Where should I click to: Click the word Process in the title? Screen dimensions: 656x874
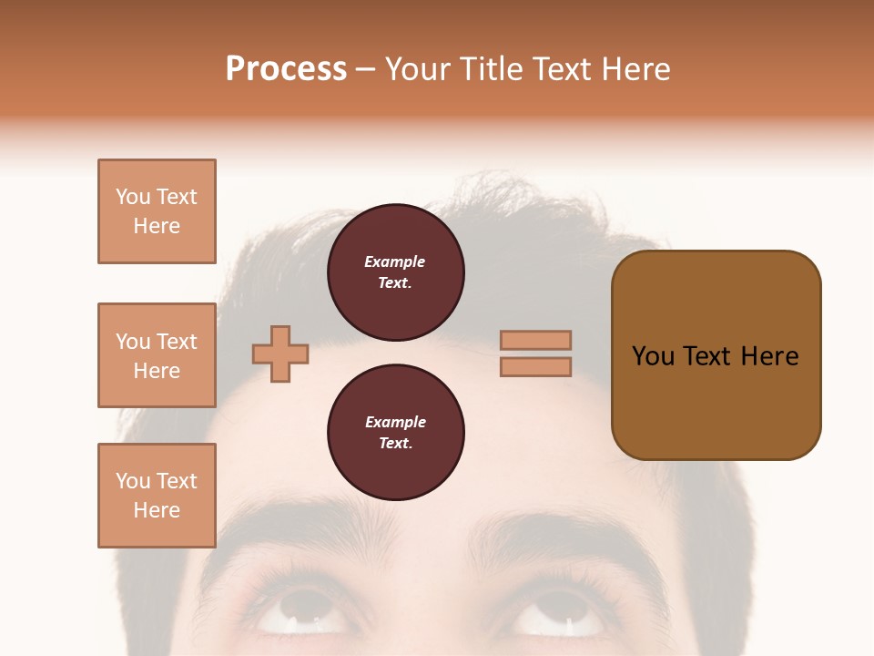point(286,69)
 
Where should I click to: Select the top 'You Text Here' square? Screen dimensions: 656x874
point(157,211)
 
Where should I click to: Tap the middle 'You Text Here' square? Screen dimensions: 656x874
point(157,355)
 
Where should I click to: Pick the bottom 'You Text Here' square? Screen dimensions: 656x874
point(157,496)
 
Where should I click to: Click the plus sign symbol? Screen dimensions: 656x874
point(280,354)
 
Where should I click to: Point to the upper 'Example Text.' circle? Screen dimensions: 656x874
point(395,272)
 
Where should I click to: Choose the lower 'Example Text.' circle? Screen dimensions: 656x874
point(395,433)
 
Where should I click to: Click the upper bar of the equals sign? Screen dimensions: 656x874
point(535,340)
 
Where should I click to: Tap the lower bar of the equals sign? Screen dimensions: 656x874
point(535,366)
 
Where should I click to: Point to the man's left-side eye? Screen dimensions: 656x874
point(304,610)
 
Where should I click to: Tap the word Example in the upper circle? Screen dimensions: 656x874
point(395,261)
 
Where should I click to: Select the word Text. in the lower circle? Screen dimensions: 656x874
point(395,444)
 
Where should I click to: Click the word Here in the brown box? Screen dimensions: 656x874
point(769,356)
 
